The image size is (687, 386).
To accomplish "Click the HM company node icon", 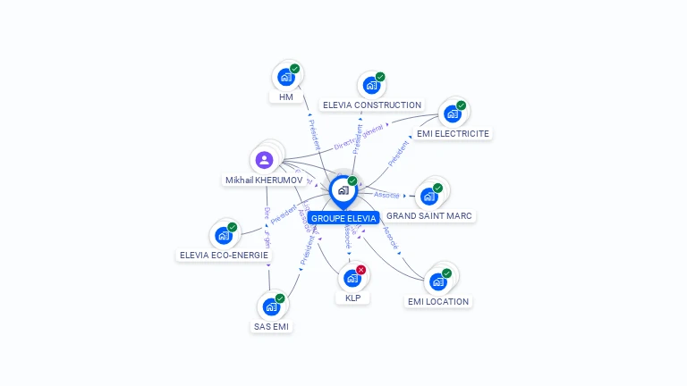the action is [285, 78].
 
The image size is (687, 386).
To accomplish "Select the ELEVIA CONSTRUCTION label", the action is [371, 105].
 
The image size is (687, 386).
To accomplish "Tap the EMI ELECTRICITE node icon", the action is [452, 114].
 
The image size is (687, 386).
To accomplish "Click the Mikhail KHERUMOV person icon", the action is [264, 161].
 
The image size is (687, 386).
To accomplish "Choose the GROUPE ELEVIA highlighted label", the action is [343, 218].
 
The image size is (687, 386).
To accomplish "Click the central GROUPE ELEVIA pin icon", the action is [343, 190].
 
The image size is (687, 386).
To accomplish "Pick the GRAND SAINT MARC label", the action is [429, 216].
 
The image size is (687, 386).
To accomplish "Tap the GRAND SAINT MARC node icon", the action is [428, 197].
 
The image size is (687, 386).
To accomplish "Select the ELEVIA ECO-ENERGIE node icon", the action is [223, 237].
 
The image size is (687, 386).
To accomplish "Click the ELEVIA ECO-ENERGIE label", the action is [224, 256].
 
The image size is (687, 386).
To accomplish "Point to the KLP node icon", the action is [352, 279].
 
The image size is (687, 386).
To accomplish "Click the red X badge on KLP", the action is [360, 270].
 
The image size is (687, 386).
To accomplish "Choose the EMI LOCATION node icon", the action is [437, 282].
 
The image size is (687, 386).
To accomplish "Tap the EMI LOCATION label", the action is [438, 302].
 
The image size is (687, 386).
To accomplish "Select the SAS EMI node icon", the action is [271, 307].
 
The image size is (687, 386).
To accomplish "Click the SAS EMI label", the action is [272, 327].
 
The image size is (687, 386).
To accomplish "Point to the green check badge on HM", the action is [294, 69].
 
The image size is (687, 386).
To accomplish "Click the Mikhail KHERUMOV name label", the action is [264, 180].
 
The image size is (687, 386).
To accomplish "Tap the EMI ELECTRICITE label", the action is [453, 134].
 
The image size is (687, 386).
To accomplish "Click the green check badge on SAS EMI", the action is [280, 298].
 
